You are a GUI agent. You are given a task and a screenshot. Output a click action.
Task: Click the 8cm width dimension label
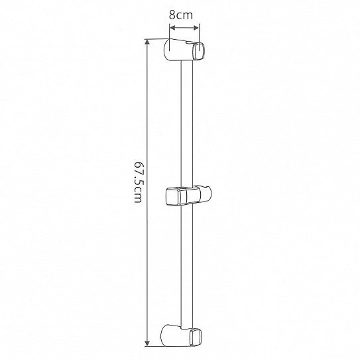click(181, 15)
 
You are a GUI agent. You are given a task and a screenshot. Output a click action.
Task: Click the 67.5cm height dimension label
click(138, 182)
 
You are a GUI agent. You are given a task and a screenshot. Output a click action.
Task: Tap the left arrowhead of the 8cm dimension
click(172, 28)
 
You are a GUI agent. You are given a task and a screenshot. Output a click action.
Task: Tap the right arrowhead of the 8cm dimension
click(196, 28)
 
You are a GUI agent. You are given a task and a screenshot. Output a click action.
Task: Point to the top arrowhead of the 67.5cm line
click(147, 42)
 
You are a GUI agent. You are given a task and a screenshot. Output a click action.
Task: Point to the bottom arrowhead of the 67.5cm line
click(147, 343)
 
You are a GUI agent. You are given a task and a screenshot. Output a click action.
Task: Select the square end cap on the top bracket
click(199, 51)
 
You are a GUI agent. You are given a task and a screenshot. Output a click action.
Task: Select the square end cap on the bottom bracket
click(196, 337)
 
